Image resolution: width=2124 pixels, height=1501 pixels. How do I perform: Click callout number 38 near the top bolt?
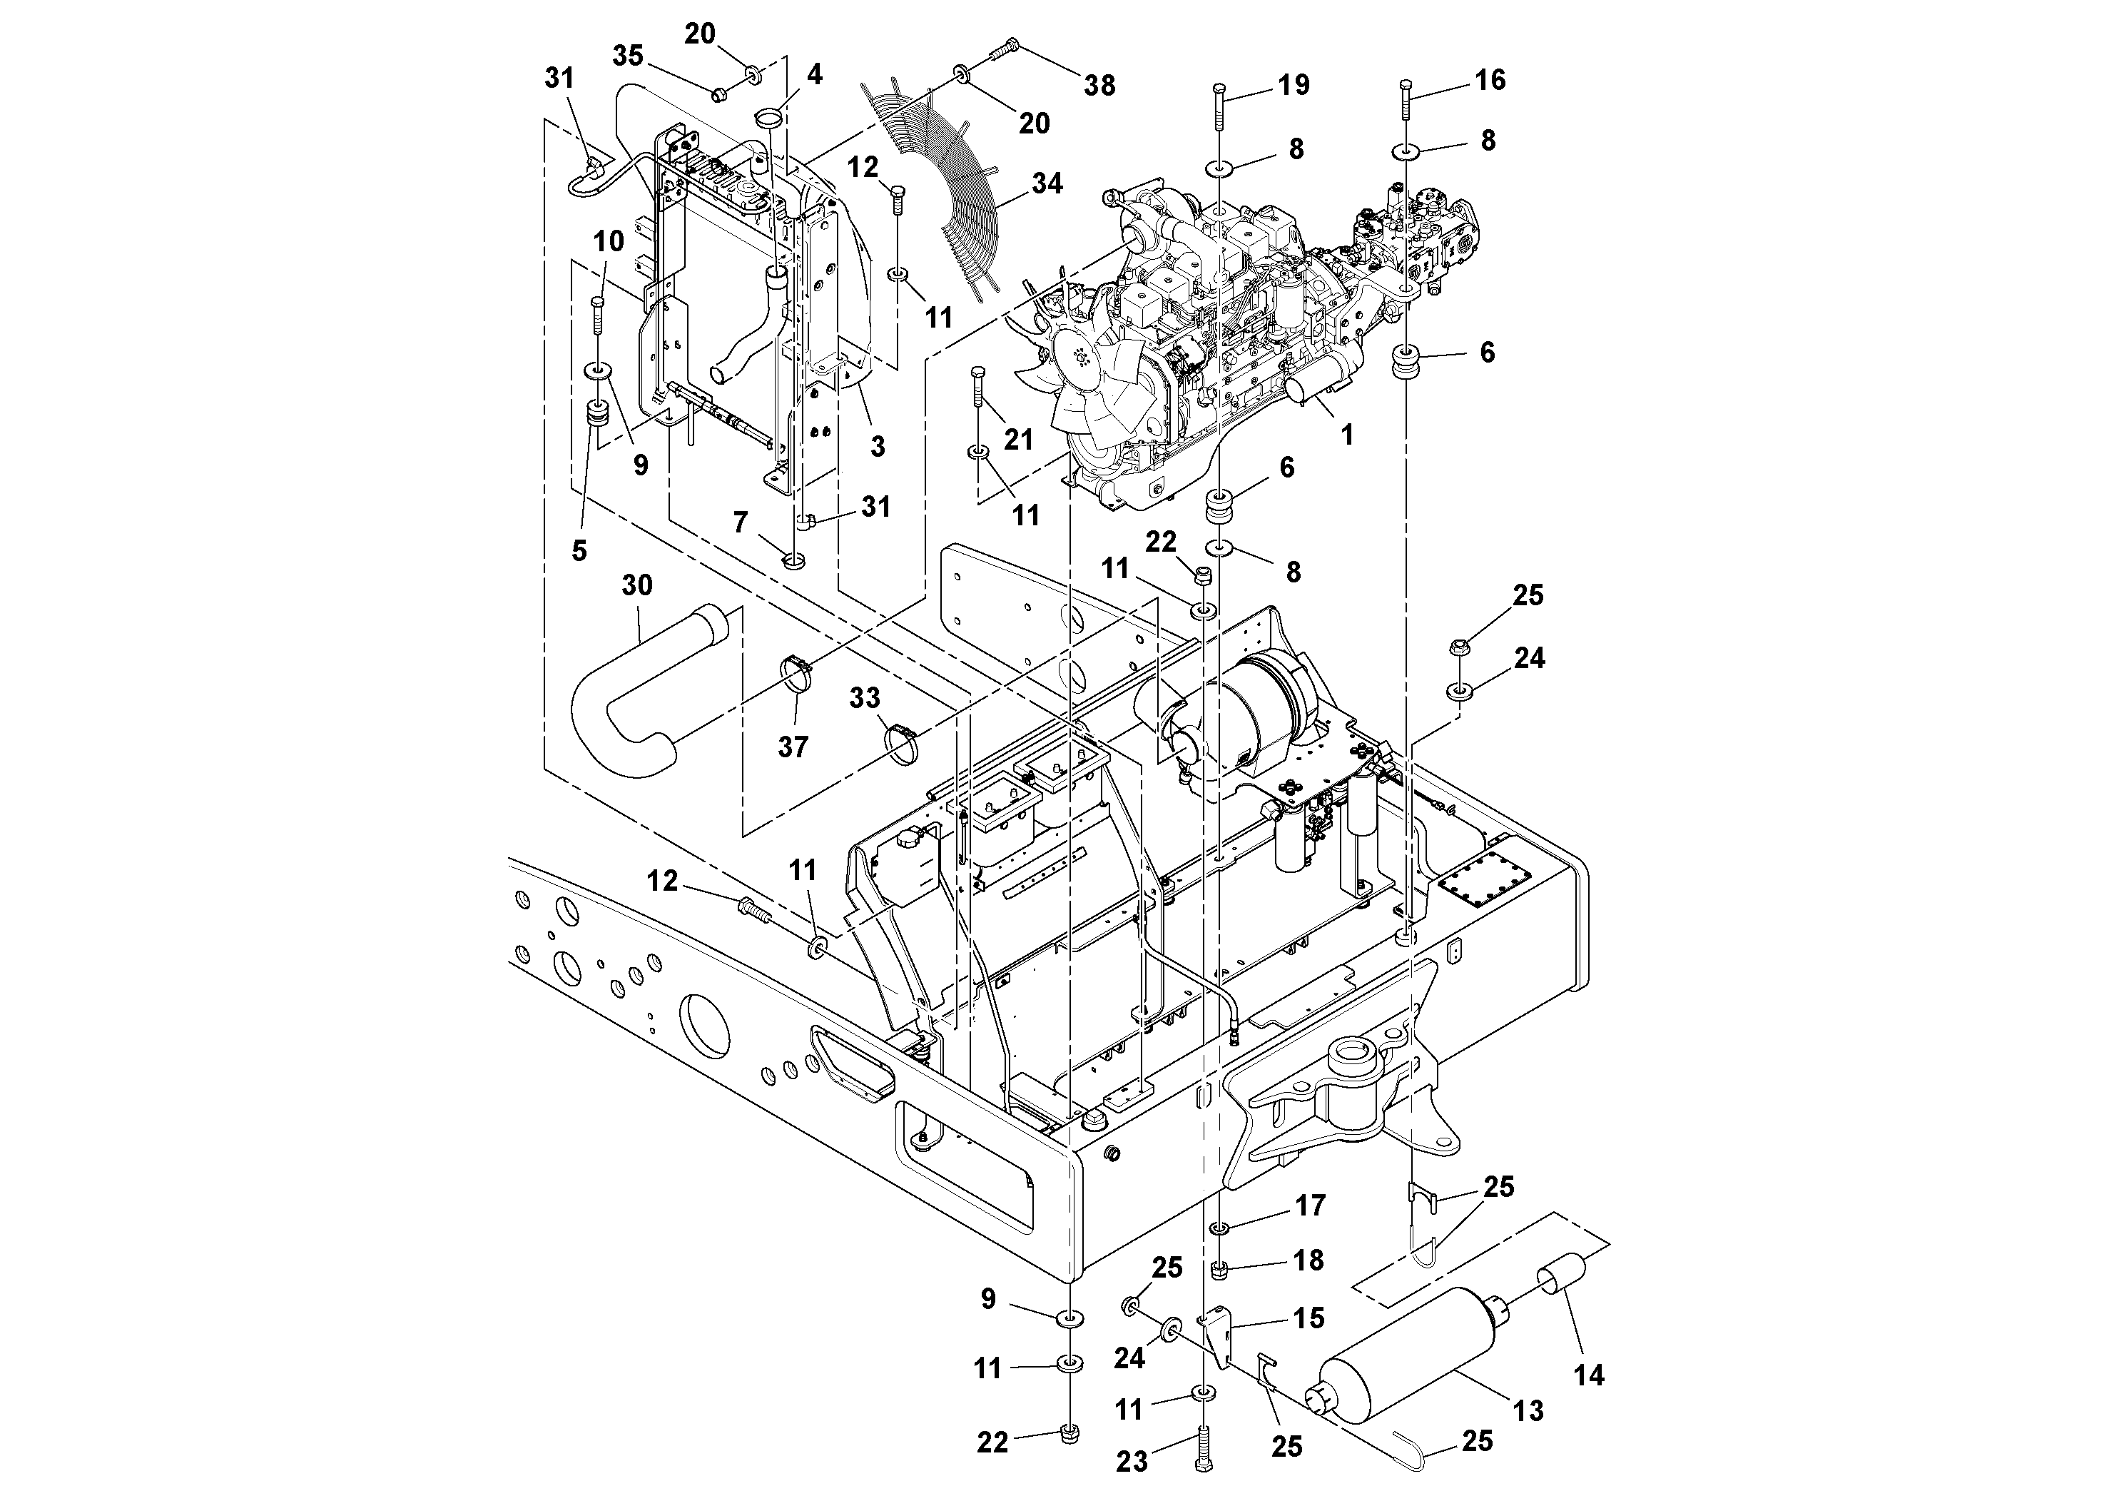[x=1099, y=86]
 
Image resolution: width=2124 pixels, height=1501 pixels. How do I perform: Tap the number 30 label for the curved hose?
[x=636, y=586]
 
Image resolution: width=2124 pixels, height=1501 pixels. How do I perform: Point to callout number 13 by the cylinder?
[x=1528, y=1410]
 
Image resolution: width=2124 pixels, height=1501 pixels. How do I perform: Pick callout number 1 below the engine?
[x=1347, y=434]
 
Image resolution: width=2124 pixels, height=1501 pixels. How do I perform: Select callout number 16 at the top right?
[x=1490, y=81]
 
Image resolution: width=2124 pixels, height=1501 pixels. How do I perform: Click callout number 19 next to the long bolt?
[x=1294, y=85]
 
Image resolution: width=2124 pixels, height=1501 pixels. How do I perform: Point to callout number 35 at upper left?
[x=628, y=56]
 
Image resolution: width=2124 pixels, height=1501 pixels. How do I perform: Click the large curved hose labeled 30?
[x=629, y=703]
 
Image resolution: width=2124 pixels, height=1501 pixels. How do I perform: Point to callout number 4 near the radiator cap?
[x=814, y=75]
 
